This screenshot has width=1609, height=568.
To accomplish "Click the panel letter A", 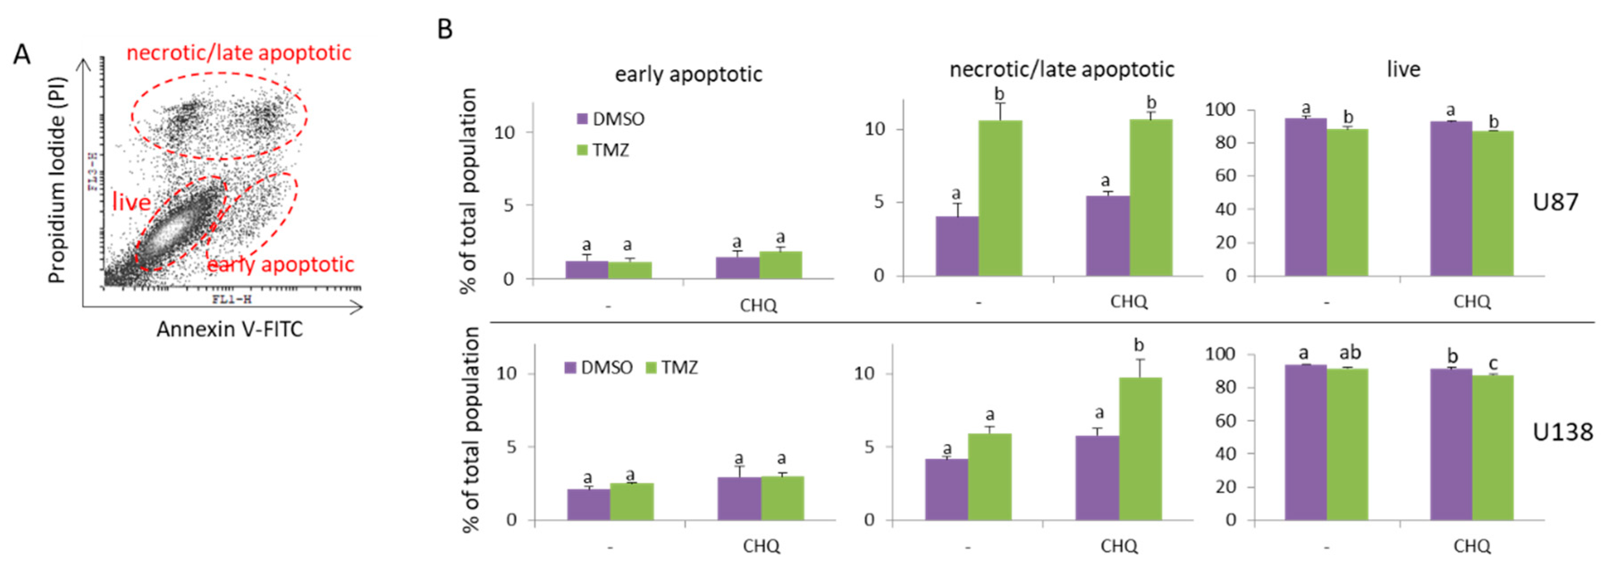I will tap(22, 55).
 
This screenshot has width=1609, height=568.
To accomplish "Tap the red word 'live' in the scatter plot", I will tap(131, 202).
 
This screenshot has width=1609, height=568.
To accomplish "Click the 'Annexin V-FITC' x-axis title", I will tap(229, 329).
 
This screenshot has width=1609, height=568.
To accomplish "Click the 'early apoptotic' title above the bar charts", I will tap(688, 74).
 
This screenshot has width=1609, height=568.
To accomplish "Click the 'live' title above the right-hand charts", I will tap(1403, 69).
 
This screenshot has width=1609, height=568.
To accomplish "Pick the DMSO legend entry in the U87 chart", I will tap(610, 119).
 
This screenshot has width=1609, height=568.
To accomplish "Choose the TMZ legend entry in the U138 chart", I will tap(672, 367).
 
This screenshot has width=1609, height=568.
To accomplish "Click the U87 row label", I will tap(1555, 202).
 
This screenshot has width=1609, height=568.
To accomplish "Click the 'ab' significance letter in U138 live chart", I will tap(1350, 353).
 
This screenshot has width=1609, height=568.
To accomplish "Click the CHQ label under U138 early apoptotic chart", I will tap(761, 546).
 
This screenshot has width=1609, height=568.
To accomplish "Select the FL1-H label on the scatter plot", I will tap(231, 299).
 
